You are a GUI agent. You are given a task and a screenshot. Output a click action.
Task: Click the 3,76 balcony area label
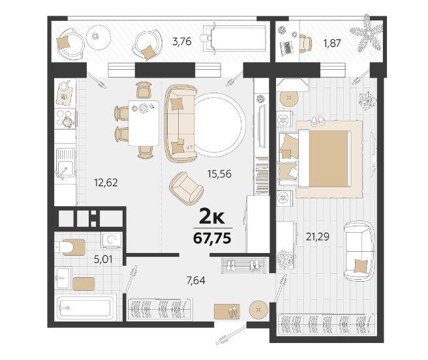pos(182,42)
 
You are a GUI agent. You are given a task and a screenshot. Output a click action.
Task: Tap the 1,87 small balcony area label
pos(332,43)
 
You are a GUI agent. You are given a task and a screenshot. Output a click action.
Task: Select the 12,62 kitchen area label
pos(106,183)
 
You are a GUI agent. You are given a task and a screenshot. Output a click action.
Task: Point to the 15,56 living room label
pos(219,174)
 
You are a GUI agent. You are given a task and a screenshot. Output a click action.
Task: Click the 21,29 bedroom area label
pos(318,237)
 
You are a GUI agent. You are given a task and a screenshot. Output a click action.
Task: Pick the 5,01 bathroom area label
pos(103,259)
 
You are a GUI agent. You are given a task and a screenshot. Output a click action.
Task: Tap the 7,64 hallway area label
pos(196,280)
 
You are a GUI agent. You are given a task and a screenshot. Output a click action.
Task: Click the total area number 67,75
pos(212,239)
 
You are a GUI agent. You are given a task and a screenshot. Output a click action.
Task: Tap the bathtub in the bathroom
pos(85,308)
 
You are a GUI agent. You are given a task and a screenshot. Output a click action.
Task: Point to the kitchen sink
pos(65,163)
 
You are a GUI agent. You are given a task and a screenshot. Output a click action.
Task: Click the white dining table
pos(144,123)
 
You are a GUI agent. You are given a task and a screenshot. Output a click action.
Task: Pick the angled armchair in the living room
pos(187,188)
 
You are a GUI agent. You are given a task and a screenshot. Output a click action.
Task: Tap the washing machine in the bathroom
pos(112,240)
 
